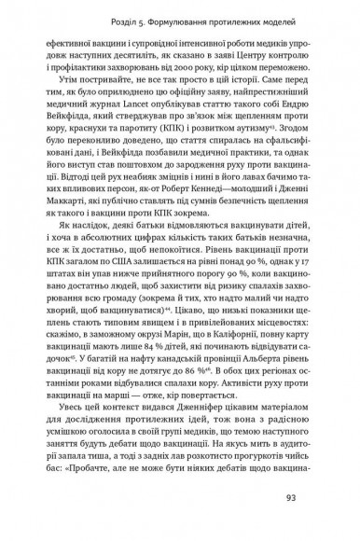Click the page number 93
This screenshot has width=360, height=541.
tap(317, 508)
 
